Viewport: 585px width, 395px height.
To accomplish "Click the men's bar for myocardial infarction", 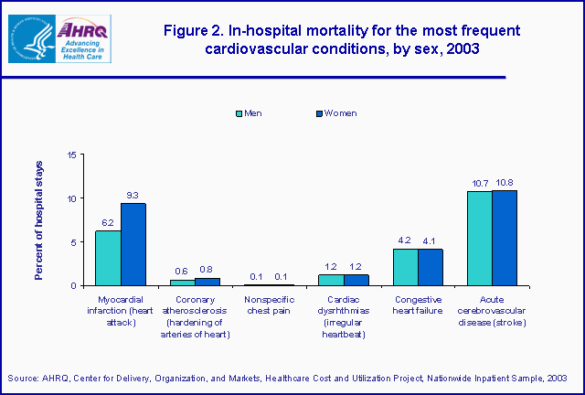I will [x=108, y=258].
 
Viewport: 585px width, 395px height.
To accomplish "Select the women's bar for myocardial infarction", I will [x=133, y=244].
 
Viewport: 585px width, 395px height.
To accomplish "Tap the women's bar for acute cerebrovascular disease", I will [x=504, y=238].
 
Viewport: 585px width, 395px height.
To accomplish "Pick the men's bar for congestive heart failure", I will [x=405, y=267].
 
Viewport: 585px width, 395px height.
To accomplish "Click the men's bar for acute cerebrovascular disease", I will [x=479, y=238].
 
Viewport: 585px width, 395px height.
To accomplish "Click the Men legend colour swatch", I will [x=240, y=113].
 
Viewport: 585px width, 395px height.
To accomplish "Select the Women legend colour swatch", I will [x=293, y=113].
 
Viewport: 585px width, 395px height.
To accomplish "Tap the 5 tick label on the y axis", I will [x=74, y=242].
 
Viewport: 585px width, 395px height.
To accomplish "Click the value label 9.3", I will [x=133, y=195].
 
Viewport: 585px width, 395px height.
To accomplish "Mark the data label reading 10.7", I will [x=479, y=183].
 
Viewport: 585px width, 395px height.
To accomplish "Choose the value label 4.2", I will [x=405, y=240].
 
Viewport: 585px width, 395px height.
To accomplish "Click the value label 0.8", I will [x=207, y=270].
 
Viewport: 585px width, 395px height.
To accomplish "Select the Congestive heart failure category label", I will [x=418, y=305].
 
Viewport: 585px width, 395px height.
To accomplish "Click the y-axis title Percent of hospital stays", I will [x=39, y=219].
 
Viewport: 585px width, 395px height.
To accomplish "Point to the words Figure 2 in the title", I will [x=194, y=30].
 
